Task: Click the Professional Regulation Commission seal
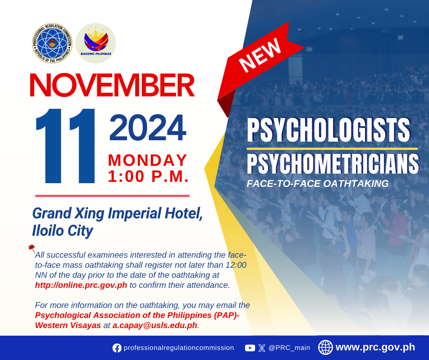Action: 52,43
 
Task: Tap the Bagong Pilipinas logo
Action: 96,43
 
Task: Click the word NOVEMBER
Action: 112,85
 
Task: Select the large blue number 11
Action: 65,146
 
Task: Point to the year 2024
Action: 148,127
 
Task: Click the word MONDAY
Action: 148,160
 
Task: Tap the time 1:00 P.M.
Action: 148,176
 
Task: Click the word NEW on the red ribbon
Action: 260,55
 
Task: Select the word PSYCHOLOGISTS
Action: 329,130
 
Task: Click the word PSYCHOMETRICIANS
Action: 333,164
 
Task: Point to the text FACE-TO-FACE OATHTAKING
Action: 318,184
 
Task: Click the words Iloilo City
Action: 63,231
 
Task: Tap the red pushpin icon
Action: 32,248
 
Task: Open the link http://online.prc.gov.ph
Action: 81,285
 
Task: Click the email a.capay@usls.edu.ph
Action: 155,325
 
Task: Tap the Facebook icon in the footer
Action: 117,348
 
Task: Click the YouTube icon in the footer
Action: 250,348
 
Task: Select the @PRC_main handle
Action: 289,348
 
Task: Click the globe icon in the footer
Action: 325,347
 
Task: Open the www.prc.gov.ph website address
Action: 375,347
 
